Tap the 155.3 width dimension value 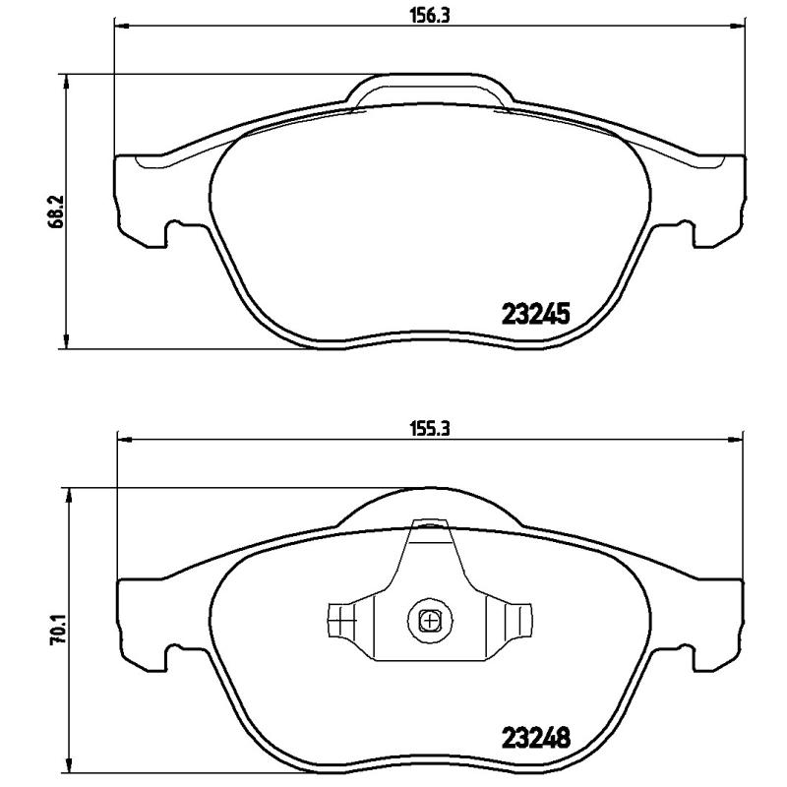pyautogui.click(x=428, y=429)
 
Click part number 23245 pyautogui.click(x=536, y=315)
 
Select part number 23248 pyautogui.click(x=536, y=735)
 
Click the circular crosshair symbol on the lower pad pyautogui.click(x=429, y=620)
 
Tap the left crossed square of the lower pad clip pyautogui.click(x=339, y=621)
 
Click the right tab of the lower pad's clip pyautogui.click(x=515, y=621)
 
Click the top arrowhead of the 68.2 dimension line pyautogui.click(x=66, y=81)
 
